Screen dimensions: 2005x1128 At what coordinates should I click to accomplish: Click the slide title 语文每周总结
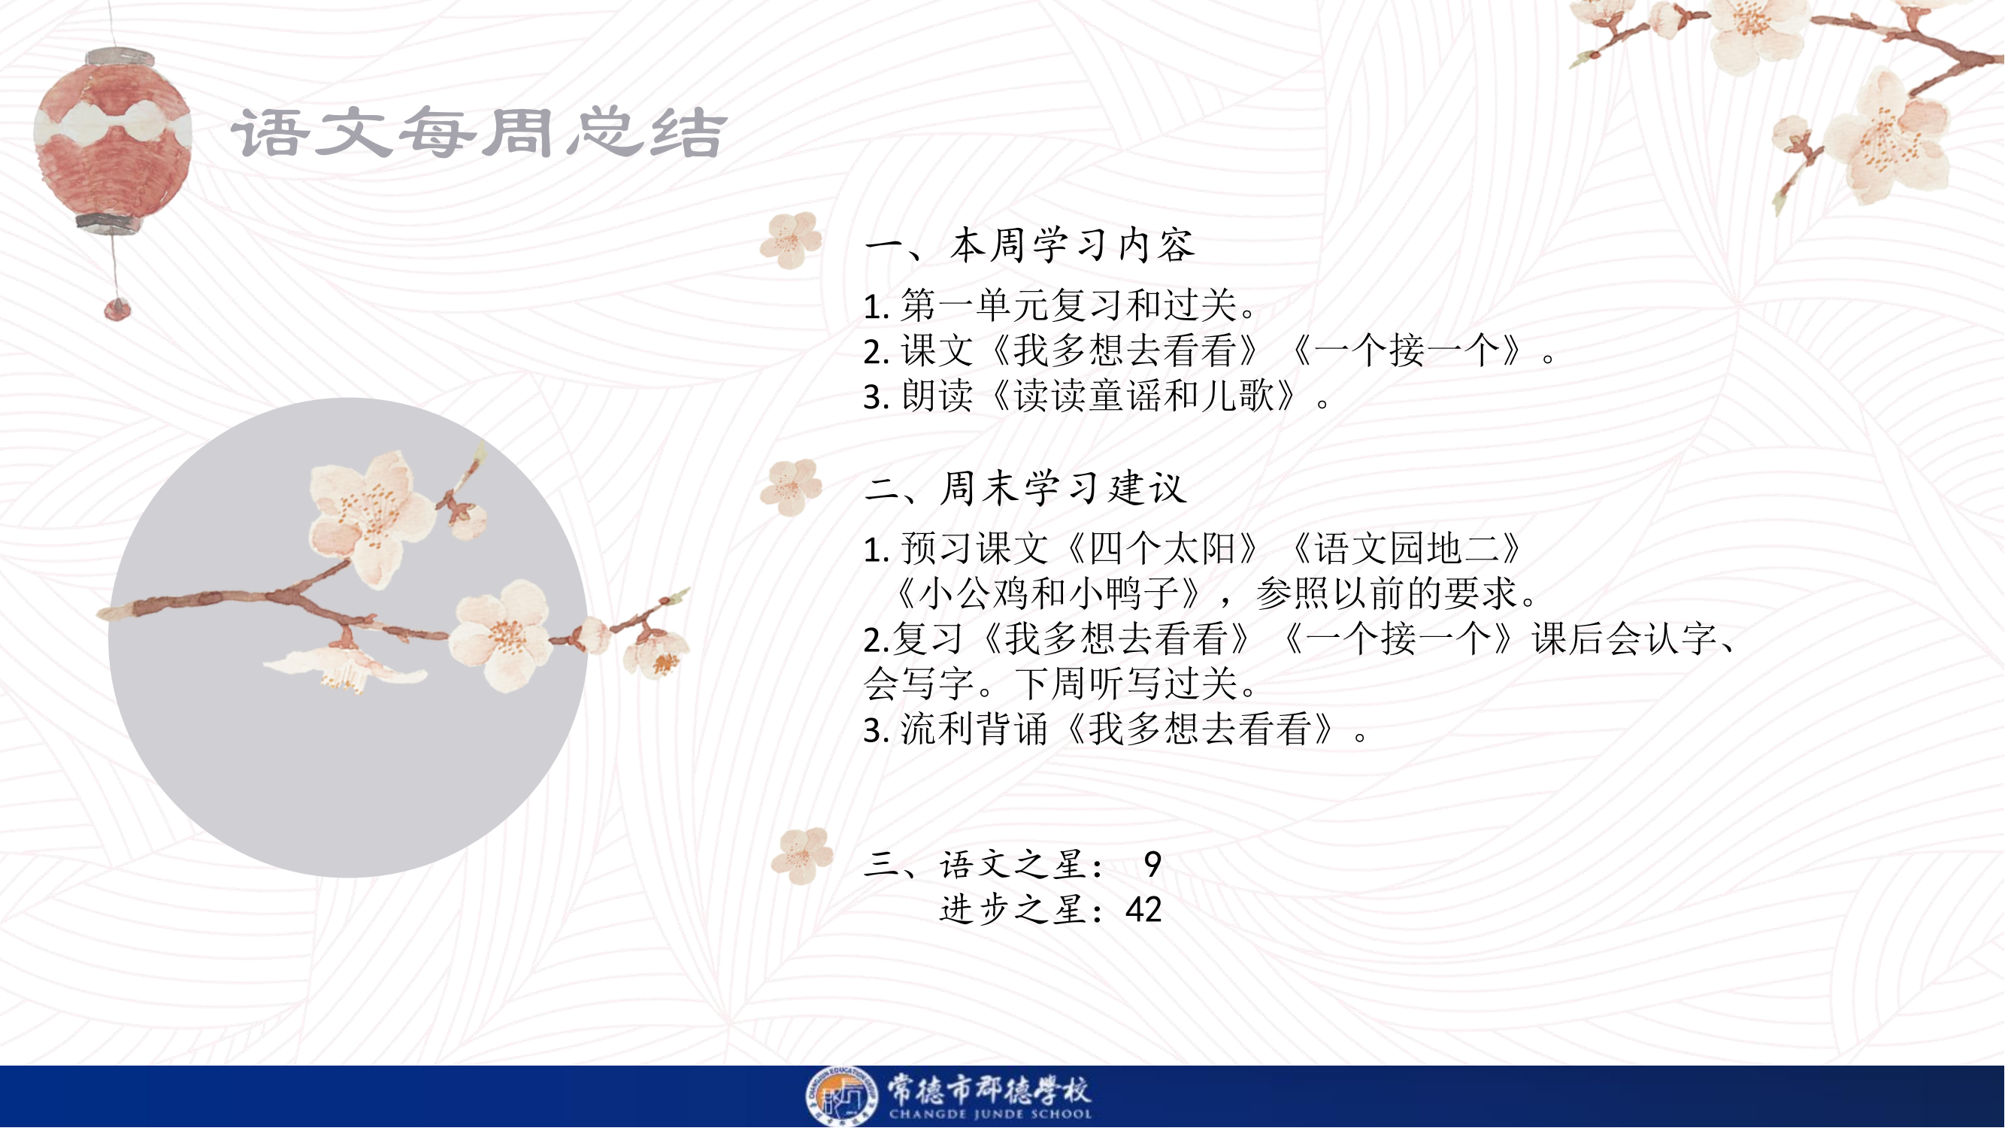point(479,132)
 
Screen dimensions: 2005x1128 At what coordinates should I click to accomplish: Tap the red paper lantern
point(114,141)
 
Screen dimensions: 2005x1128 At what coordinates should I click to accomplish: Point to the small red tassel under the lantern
point(117,308)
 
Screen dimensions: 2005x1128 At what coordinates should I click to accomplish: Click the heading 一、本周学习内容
point(1029,245)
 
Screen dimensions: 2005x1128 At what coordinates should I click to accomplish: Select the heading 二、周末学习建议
point(1025,489)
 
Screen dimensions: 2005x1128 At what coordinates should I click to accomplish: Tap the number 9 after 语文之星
point(1152,864)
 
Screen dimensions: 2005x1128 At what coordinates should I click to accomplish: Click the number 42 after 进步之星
point(1143,909)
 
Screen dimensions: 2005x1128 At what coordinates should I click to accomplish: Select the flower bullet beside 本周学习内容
point(791,240)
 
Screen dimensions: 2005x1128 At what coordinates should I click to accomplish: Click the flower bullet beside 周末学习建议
point(791,487)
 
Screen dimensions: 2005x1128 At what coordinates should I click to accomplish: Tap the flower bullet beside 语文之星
point(801,856)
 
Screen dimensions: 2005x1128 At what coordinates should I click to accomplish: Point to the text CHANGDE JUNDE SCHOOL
point(990,1114)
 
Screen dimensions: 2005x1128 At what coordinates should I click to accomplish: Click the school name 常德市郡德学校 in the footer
point(990,1089)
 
